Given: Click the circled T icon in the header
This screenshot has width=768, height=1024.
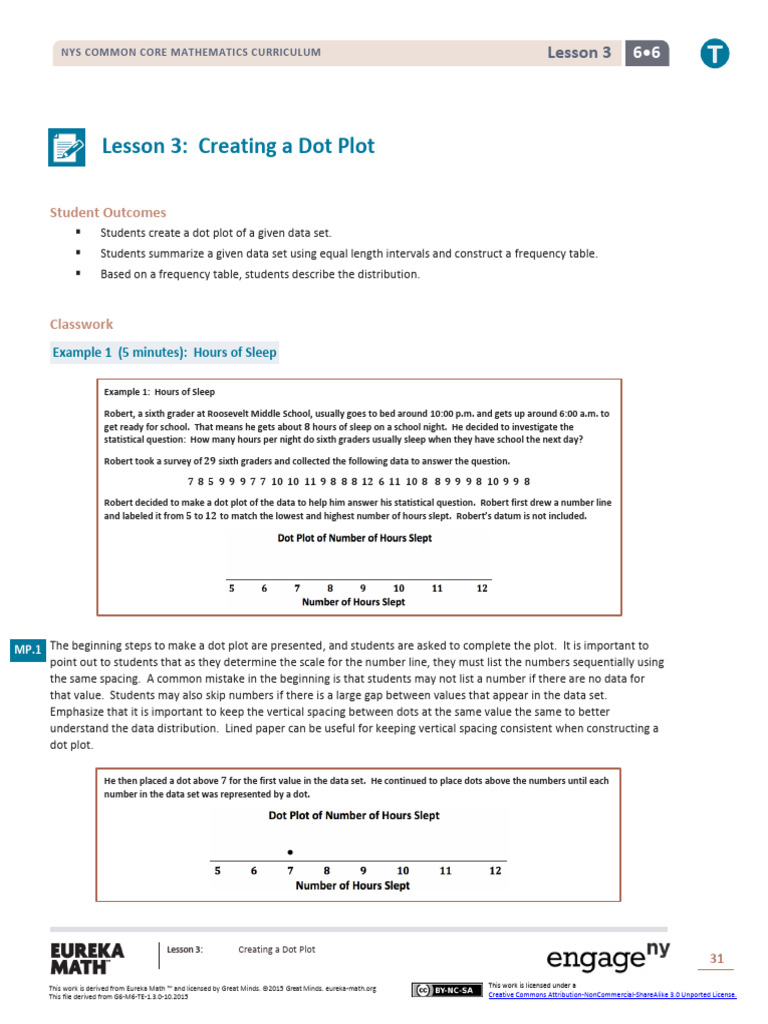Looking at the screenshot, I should (x=714, y=54).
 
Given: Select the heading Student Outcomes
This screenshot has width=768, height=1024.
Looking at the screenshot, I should (x=108, y=212).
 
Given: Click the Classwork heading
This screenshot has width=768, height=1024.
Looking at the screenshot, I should (x=82, y=324).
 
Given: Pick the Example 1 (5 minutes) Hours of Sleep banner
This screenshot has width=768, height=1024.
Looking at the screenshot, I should (x=165, y=352).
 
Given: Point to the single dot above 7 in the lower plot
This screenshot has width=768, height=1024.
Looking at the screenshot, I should (x=290, y=852).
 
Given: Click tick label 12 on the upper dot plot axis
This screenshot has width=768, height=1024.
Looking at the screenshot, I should (x=482, y=588).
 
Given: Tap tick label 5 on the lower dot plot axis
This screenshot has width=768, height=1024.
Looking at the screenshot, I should (x=217, y=870).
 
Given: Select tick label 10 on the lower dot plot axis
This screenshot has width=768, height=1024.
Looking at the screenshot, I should (x=403, y=870).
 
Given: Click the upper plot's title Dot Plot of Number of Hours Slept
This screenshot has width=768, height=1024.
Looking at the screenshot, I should (x=355, y=538).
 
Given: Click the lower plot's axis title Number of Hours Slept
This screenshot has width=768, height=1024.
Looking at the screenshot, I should (x=353, y=886).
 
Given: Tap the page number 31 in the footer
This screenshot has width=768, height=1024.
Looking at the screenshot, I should (x=716, y=959).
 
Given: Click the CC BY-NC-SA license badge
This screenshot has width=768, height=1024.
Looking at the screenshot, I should (x=442, y=990).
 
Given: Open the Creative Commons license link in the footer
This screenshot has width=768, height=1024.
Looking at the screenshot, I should (x=612, y=995).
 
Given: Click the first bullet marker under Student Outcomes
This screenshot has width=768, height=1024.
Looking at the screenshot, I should (x=77, y=232).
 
